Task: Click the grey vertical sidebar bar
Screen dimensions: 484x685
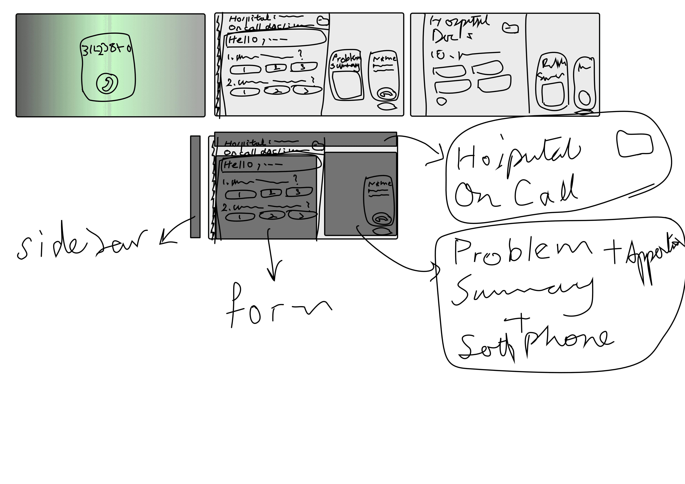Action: click(x=195, y=187)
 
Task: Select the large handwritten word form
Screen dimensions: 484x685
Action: click(x=277, y=307)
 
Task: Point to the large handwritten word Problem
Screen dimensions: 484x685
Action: click(x=522, y=253)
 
